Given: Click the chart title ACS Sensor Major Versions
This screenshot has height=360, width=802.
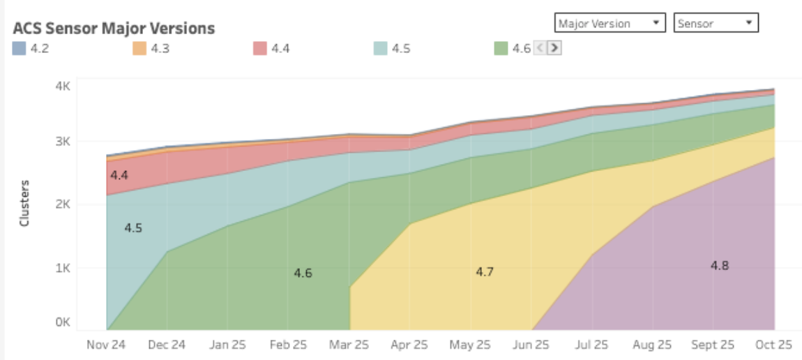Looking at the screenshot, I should click(x=114, y=29).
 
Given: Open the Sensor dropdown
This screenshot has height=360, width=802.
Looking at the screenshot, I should click(x=716, y=23).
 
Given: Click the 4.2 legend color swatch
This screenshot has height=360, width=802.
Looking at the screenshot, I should click(x=20, y=48).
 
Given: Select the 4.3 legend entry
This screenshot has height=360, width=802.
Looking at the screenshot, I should click(x=150, y=48).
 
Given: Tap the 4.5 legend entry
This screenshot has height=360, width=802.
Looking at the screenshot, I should click(x=391, y=48).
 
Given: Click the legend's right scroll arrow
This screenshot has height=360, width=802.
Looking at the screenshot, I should click(x=554, y=48).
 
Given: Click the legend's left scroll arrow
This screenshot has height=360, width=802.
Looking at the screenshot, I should click(x=540, y=48).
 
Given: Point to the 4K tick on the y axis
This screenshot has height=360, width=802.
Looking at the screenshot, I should click(x=63, y=87).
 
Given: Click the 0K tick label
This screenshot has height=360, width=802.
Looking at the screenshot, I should click(x=63, y=322).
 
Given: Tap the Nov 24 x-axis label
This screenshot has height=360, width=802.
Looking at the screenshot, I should click(x=107, y=345).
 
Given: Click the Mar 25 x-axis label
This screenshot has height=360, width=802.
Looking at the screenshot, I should click(x=349, y=345).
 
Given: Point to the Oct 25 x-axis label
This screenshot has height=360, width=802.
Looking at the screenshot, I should click(x=773, y=345).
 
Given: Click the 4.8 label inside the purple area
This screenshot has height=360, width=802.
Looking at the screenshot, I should click(x=720, y=265).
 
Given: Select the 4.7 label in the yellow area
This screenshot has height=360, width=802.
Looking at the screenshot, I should click(x=485, y=271).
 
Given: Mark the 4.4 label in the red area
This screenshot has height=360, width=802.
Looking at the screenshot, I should click(x=119, y=175).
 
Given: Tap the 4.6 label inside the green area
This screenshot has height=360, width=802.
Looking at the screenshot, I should click(x=303, y=273).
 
